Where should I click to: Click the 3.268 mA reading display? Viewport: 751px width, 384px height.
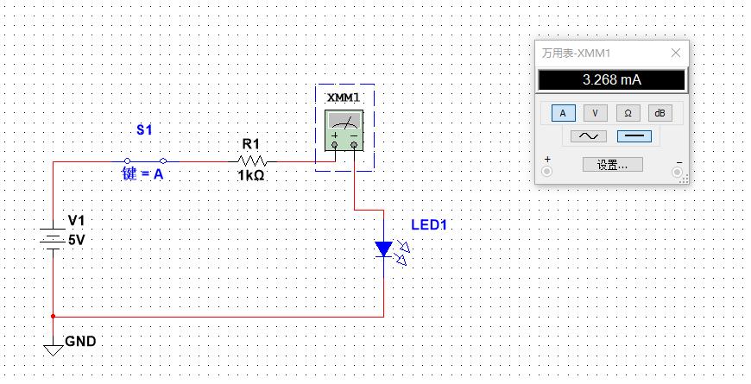(x=611, y=80)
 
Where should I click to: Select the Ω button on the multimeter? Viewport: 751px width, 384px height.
(x=628, y=113)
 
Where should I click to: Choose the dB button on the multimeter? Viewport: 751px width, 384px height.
(x=659, y=113)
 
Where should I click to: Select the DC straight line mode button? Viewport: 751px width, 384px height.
(x=634, y=136)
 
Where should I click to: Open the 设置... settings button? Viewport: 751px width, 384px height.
(x=612, y=164)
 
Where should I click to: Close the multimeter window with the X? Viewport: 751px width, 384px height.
(x=675, y=53)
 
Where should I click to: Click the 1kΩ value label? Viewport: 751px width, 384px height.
(x=251, y=176)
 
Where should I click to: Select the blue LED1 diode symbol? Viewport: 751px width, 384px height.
(x=384, y=249)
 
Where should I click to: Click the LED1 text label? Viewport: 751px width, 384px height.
(x=429, y=225)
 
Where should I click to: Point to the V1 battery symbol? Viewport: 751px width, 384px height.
(x=54, y=237)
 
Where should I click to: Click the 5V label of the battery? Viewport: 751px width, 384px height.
(x=77, y=241)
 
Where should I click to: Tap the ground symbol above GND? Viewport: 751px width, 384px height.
(x=54, y=347)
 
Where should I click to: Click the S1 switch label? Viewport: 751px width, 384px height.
(x=144, y=130)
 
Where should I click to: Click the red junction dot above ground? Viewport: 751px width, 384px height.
(x=54, y=317)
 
